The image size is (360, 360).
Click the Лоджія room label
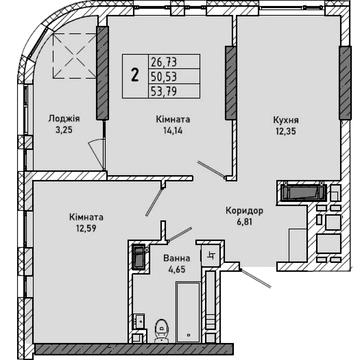coord(64,119)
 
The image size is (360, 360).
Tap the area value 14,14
coord(173,130)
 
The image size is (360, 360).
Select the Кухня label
coord(286,120)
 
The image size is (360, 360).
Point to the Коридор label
coord(244,211)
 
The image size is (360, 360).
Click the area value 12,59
coord(86,229)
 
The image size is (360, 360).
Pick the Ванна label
coord(177,258)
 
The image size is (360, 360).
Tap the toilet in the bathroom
coord(162,330)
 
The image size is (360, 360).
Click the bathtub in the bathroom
coord(188,312)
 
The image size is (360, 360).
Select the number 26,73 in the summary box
coord(163,62)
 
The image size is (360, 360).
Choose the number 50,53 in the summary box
coord(163,77)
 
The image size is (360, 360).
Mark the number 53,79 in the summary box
coord(163,91)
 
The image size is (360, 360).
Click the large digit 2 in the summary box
coord(135,76)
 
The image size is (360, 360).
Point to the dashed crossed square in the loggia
coord(75,56)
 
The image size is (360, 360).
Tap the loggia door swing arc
coord(96,144)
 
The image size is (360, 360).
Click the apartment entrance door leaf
coord(255,278)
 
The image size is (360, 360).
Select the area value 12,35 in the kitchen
coord(285,130)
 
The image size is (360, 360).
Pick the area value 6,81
coord(244,222)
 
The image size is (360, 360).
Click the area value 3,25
coord(64,130)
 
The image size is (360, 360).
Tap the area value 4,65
coord(177,269)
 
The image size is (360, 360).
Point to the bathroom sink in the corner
coord(140,321)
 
